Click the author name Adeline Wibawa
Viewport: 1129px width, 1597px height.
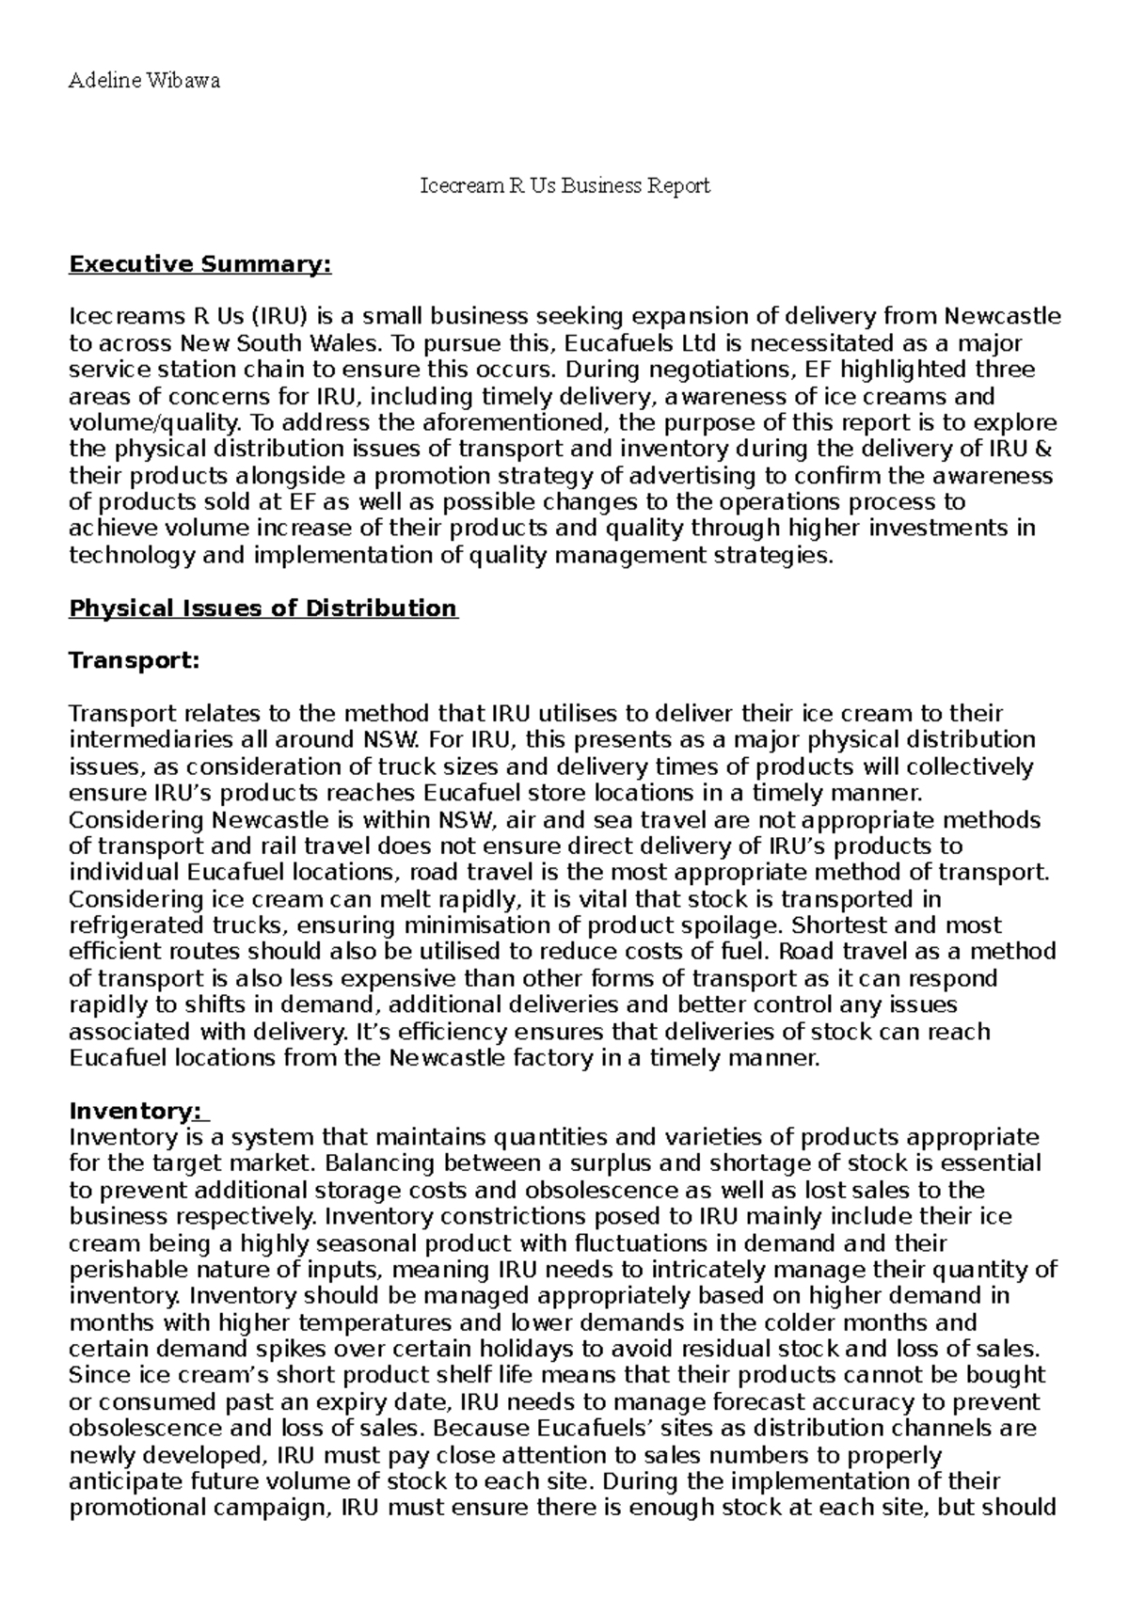tap(145, 80)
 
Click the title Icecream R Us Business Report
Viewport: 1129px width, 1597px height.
tap(564, 186)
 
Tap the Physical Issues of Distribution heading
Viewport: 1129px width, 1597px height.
tap(263, 609)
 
